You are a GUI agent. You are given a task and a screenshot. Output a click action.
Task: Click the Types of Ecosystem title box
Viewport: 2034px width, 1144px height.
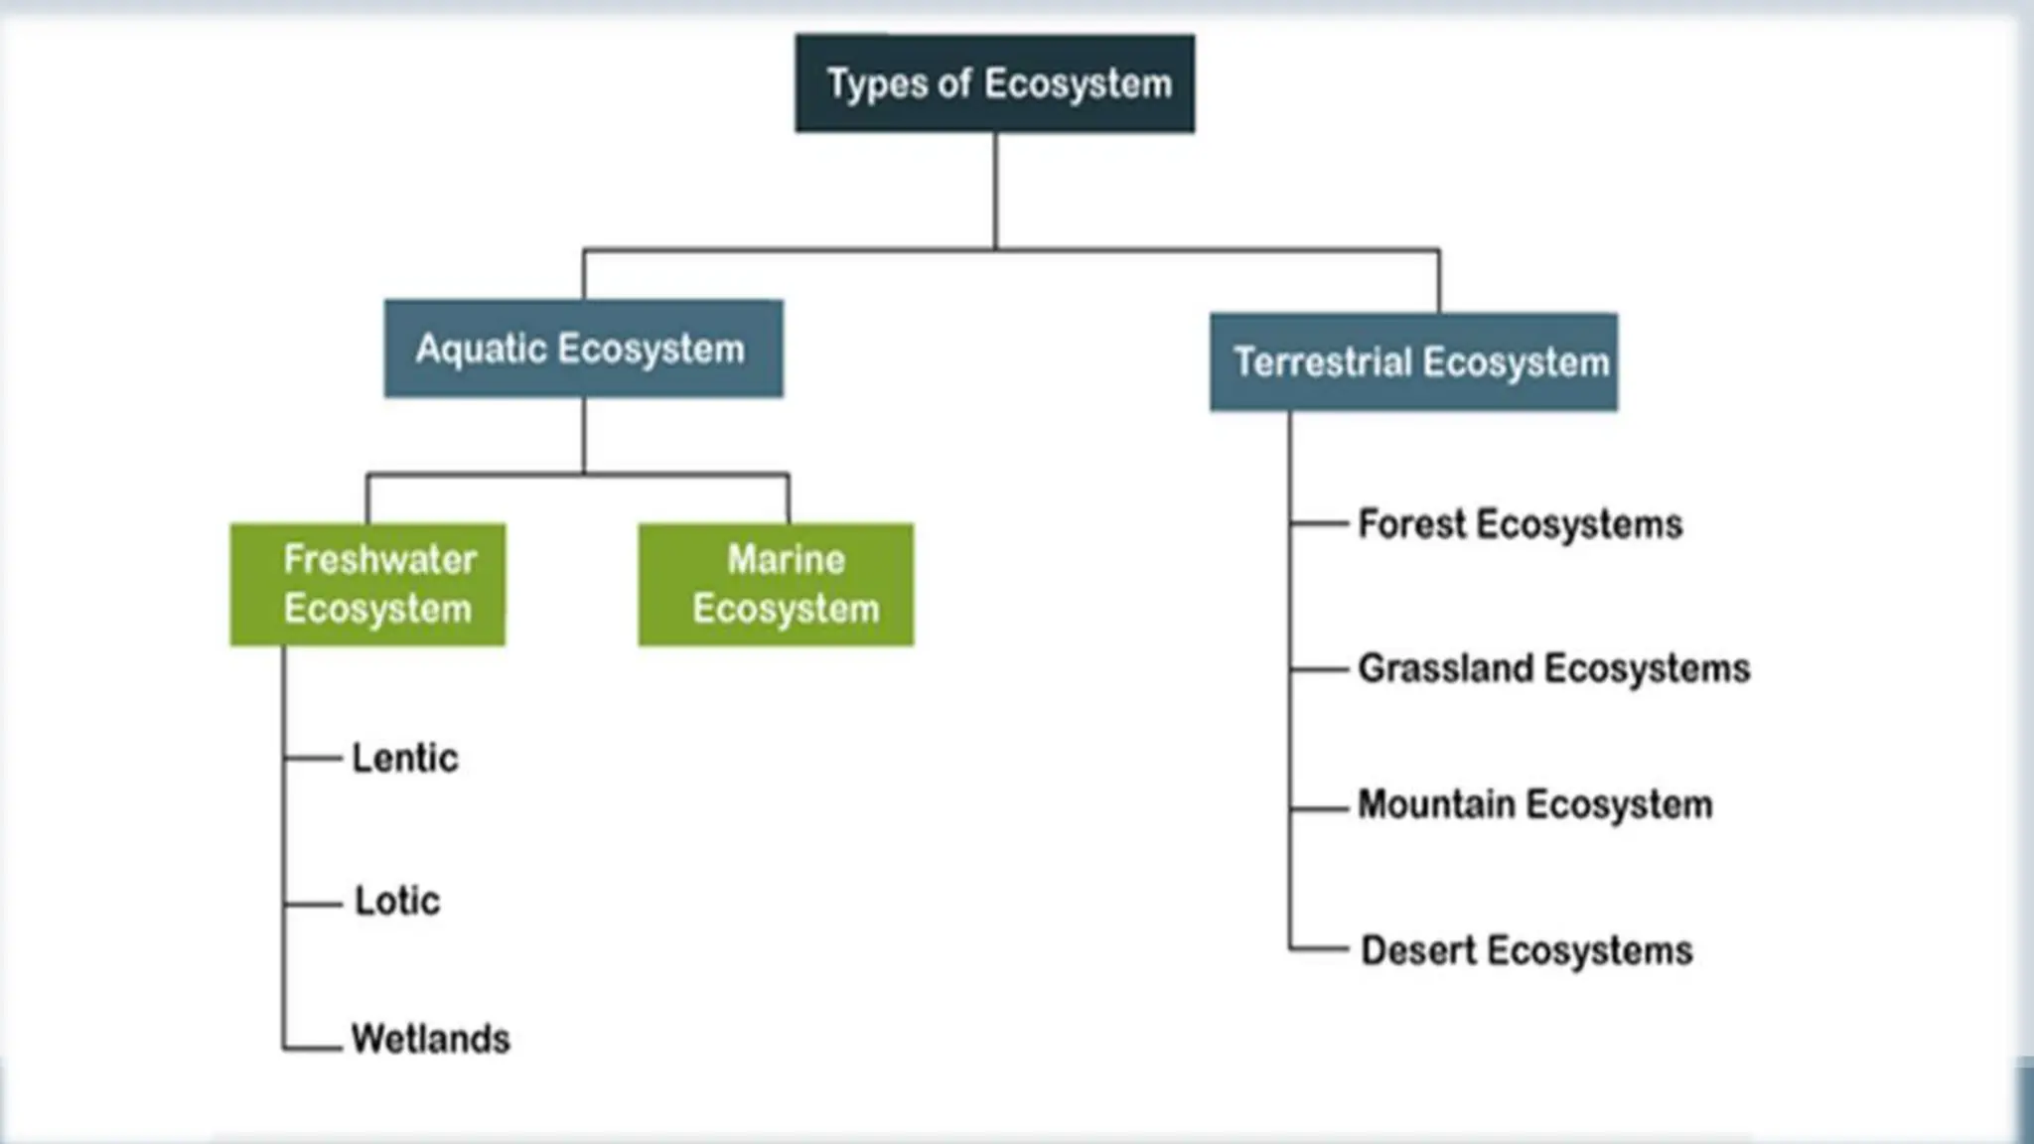pyautogui.click(x=994, y=83)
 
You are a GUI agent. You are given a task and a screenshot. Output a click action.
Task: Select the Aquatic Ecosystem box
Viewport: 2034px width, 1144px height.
pyautogui.click(x=583, y=349)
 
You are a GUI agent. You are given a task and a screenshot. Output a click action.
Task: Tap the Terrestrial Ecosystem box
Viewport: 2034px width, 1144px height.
pyautogui.click(x=1412, y=362)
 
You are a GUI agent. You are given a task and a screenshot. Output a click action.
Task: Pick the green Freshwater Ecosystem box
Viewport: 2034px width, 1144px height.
pyautogui.click(x=367, y=585)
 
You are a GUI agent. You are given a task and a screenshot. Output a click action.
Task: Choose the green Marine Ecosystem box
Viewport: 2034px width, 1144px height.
pyautogui.click(x=776, y=585)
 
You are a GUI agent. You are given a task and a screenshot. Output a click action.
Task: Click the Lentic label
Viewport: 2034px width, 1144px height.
pyautogui.click(x=405, y=759)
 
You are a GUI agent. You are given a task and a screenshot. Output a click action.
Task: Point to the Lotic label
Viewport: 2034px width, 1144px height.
pyautogui.click(x=397, y=902)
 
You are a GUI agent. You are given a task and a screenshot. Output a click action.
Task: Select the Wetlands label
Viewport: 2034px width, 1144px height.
pyautogui.click(x=430, y=1040)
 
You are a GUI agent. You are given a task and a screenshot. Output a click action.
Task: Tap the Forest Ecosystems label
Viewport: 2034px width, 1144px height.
pyautogui.click(x=1520, y=524)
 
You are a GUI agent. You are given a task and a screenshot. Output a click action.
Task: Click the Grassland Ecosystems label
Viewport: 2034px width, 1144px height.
pyautogui.click(x=1553, y=668)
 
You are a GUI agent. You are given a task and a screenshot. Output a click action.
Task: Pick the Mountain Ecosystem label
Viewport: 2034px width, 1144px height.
pyautogui.click(x=1534, y=804)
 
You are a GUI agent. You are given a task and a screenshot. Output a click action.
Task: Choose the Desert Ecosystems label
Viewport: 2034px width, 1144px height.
pyautogui.click(x=1526, y=950)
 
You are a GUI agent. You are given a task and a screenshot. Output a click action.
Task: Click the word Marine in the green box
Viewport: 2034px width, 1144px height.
pyautogui.click(x=786, y=560)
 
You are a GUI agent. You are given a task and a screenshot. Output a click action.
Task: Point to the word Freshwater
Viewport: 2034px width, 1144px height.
pyautogui.click(x=379, y=560)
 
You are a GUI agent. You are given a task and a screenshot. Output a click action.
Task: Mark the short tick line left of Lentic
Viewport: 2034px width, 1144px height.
pyautogui.click(x=313, y=758)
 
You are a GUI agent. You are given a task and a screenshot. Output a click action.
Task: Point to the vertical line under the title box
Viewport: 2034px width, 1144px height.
pyautogui.click(x=994, y=189)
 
